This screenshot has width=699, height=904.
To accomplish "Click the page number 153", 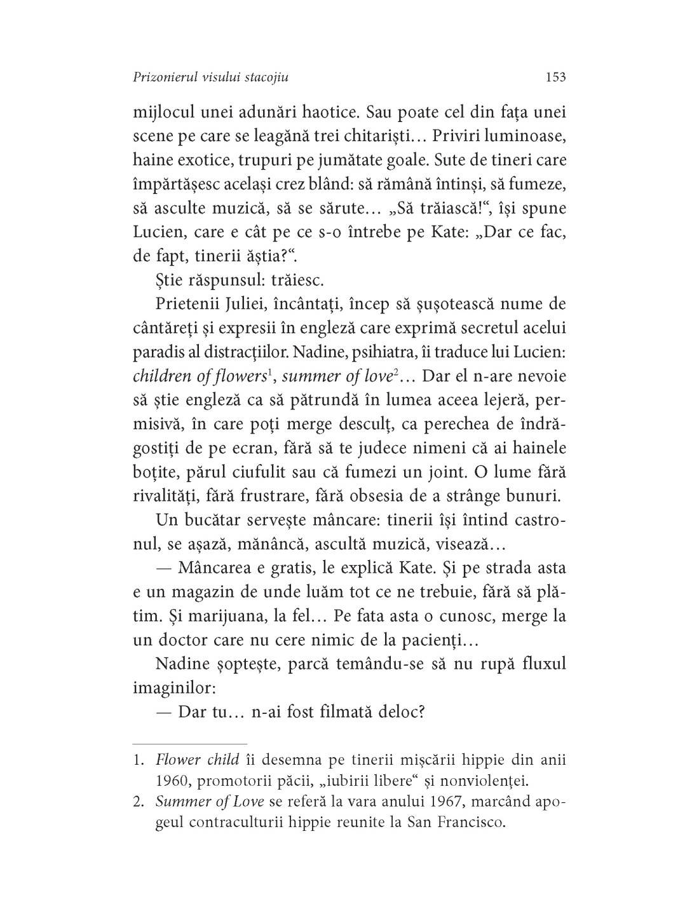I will (555, 78).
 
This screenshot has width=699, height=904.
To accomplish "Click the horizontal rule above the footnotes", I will (189, 743).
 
